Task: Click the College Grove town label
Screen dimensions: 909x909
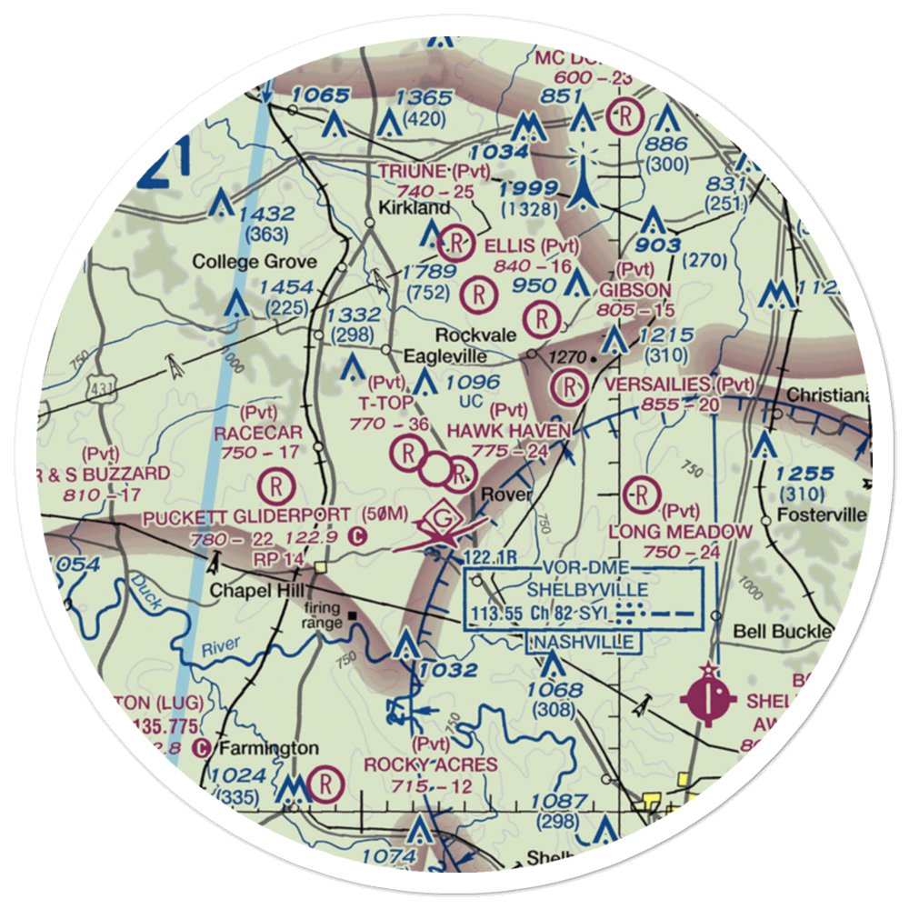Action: (254, 263)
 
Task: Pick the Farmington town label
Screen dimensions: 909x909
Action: (267, 749)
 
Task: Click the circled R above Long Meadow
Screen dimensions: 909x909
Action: (642, 495)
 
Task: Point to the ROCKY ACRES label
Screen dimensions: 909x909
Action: (431, 764)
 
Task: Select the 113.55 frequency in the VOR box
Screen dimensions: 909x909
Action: (497, 614)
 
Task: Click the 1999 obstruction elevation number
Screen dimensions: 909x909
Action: (528, 187)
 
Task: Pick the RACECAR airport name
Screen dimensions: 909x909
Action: (258, 434)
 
